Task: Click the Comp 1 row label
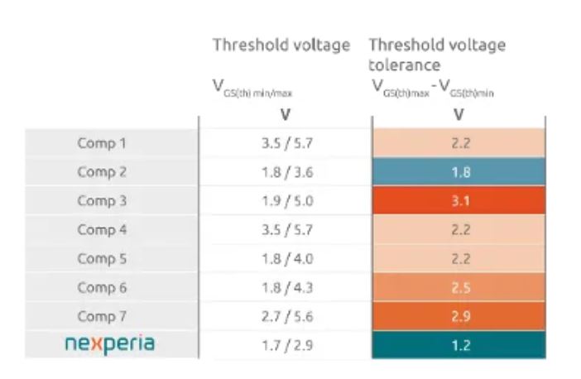(x=102, y=143)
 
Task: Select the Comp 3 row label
(x=102, y=201)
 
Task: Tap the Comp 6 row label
(x=102, y=288)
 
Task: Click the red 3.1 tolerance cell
(x=460, y=201)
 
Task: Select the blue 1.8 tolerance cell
(x=460, y=172)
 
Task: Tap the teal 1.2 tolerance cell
(x=460, y=346)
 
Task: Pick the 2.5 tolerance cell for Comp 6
(x=460, y=288)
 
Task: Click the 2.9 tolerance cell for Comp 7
(x=460, y=317)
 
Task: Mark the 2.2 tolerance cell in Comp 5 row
(x=460, y=259)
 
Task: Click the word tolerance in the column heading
(x=404, y=65)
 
